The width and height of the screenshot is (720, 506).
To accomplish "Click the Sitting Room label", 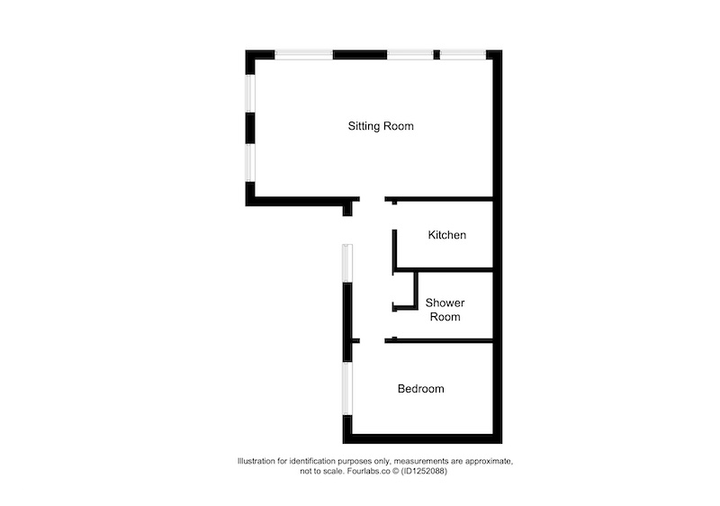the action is (x=381, y=126).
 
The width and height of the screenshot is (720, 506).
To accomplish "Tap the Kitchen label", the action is (x=446, y=235).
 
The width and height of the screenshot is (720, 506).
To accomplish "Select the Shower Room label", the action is (x=445, y=310).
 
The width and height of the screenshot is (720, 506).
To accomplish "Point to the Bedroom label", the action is (x=420, y=389).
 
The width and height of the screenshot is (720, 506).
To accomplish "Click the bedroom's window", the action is (x=347, y=388).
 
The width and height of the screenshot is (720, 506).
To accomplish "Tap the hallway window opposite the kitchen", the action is (x=347, y=263).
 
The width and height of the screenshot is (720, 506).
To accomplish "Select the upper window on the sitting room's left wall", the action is (x=250, y=94).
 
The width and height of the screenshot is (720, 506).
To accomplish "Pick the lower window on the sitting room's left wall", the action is (x=250, y=163).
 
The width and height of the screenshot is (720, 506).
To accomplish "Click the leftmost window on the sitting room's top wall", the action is (x=304, y=55).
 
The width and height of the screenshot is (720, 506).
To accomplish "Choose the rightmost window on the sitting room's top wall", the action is (x=463, y=55).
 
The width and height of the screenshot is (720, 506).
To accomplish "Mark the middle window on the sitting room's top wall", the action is (x=410, y=55).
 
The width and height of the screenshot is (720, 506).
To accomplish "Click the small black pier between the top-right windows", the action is (x=436, y=55).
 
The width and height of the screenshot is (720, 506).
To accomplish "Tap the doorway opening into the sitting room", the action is (x=372, y=199).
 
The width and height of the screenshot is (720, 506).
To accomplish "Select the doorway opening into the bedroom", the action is (x=372, y=340).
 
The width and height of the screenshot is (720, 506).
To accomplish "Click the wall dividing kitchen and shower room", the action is (x=444, y=269).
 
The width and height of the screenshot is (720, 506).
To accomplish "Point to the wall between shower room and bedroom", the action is (x=439, y=340).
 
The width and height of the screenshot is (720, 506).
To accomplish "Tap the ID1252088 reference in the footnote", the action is (x=424, y=471).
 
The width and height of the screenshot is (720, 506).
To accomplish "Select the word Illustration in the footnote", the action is (x=256, y=461).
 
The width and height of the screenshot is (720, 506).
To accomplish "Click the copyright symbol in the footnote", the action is (x=395, y=471).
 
